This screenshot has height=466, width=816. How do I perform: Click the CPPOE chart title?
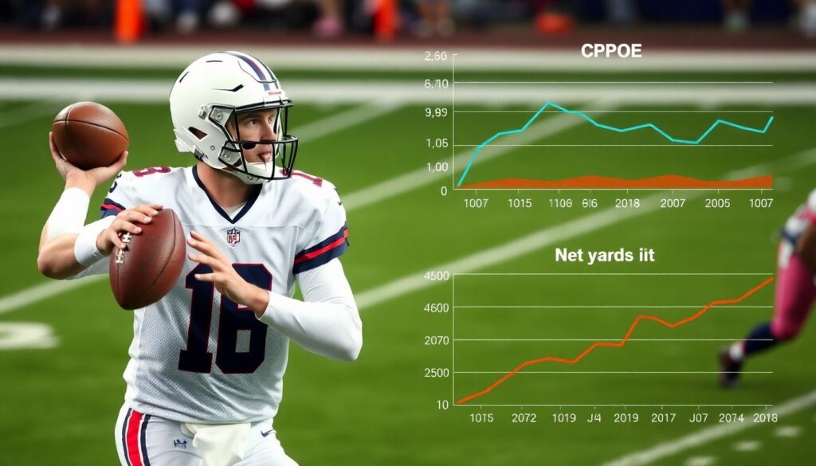click(x=611, y=51)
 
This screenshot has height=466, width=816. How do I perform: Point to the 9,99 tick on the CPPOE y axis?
click(x=437, y=112)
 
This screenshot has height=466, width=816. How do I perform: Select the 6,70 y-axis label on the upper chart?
click(x=437, y=84)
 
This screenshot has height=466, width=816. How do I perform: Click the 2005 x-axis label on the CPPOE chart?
click(x=716, y=203)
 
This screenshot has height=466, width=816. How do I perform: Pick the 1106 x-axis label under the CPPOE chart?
click(x=560, y=203)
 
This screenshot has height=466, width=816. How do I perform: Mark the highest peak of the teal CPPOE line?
click(x=547, y=104)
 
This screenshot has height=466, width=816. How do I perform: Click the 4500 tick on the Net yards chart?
click(x=437, y=276)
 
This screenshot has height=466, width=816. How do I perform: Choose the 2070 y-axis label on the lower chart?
click(x=437, y=340)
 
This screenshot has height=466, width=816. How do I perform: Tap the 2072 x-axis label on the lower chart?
click(x=524, y=417)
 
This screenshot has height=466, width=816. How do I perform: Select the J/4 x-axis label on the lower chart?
click(x=594, y=417)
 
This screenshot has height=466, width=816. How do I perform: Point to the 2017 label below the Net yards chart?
click(x=662, y=417)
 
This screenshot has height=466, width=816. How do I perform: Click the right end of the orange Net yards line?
click(x=772, y=278)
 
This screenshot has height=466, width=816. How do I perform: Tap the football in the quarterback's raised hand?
click(x=90, y=135)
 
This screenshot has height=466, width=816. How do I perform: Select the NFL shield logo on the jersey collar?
click(x=233, y=237)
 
